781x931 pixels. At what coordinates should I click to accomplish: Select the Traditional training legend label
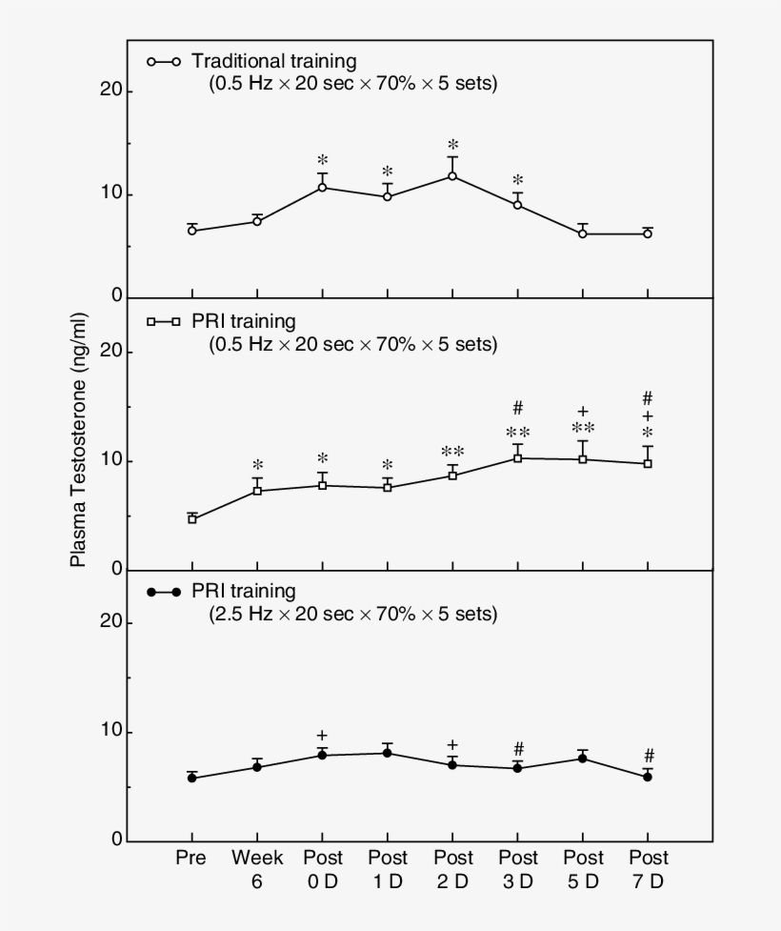[274, 61]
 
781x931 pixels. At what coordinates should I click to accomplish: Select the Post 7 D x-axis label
[648, 869]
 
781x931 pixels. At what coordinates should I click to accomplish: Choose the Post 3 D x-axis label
[518, 869]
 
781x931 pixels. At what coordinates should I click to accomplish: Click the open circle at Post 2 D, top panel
[452, 176]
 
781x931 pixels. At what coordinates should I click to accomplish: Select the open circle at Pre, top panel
[192, 231]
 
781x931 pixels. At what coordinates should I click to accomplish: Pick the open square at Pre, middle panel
[192, 519]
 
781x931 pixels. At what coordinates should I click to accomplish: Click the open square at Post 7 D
[648, 464]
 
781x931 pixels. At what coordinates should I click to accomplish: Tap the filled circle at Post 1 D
[388, 753]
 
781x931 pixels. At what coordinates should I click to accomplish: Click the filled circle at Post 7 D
[648, 777]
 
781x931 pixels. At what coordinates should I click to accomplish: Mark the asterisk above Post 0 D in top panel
[323, 160]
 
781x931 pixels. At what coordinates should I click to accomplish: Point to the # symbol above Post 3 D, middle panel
[518, 409]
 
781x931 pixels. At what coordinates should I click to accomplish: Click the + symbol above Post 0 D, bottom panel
[323, 735]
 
